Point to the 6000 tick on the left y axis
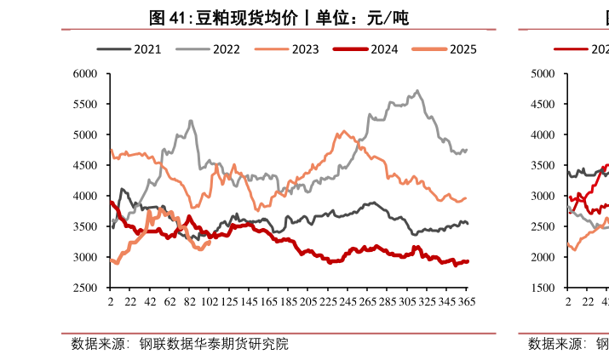coord(87,74)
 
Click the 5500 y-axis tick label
coord(87,105)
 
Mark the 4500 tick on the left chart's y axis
coord(87,165)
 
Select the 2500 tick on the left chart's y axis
coord(87,288)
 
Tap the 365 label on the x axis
coord(467,302)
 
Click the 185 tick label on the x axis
coord(289,302)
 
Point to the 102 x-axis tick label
coord(208,302)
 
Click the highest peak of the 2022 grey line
coord(417,90)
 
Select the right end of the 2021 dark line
coord(468,224)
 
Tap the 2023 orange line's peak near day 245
coord(344,131)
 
